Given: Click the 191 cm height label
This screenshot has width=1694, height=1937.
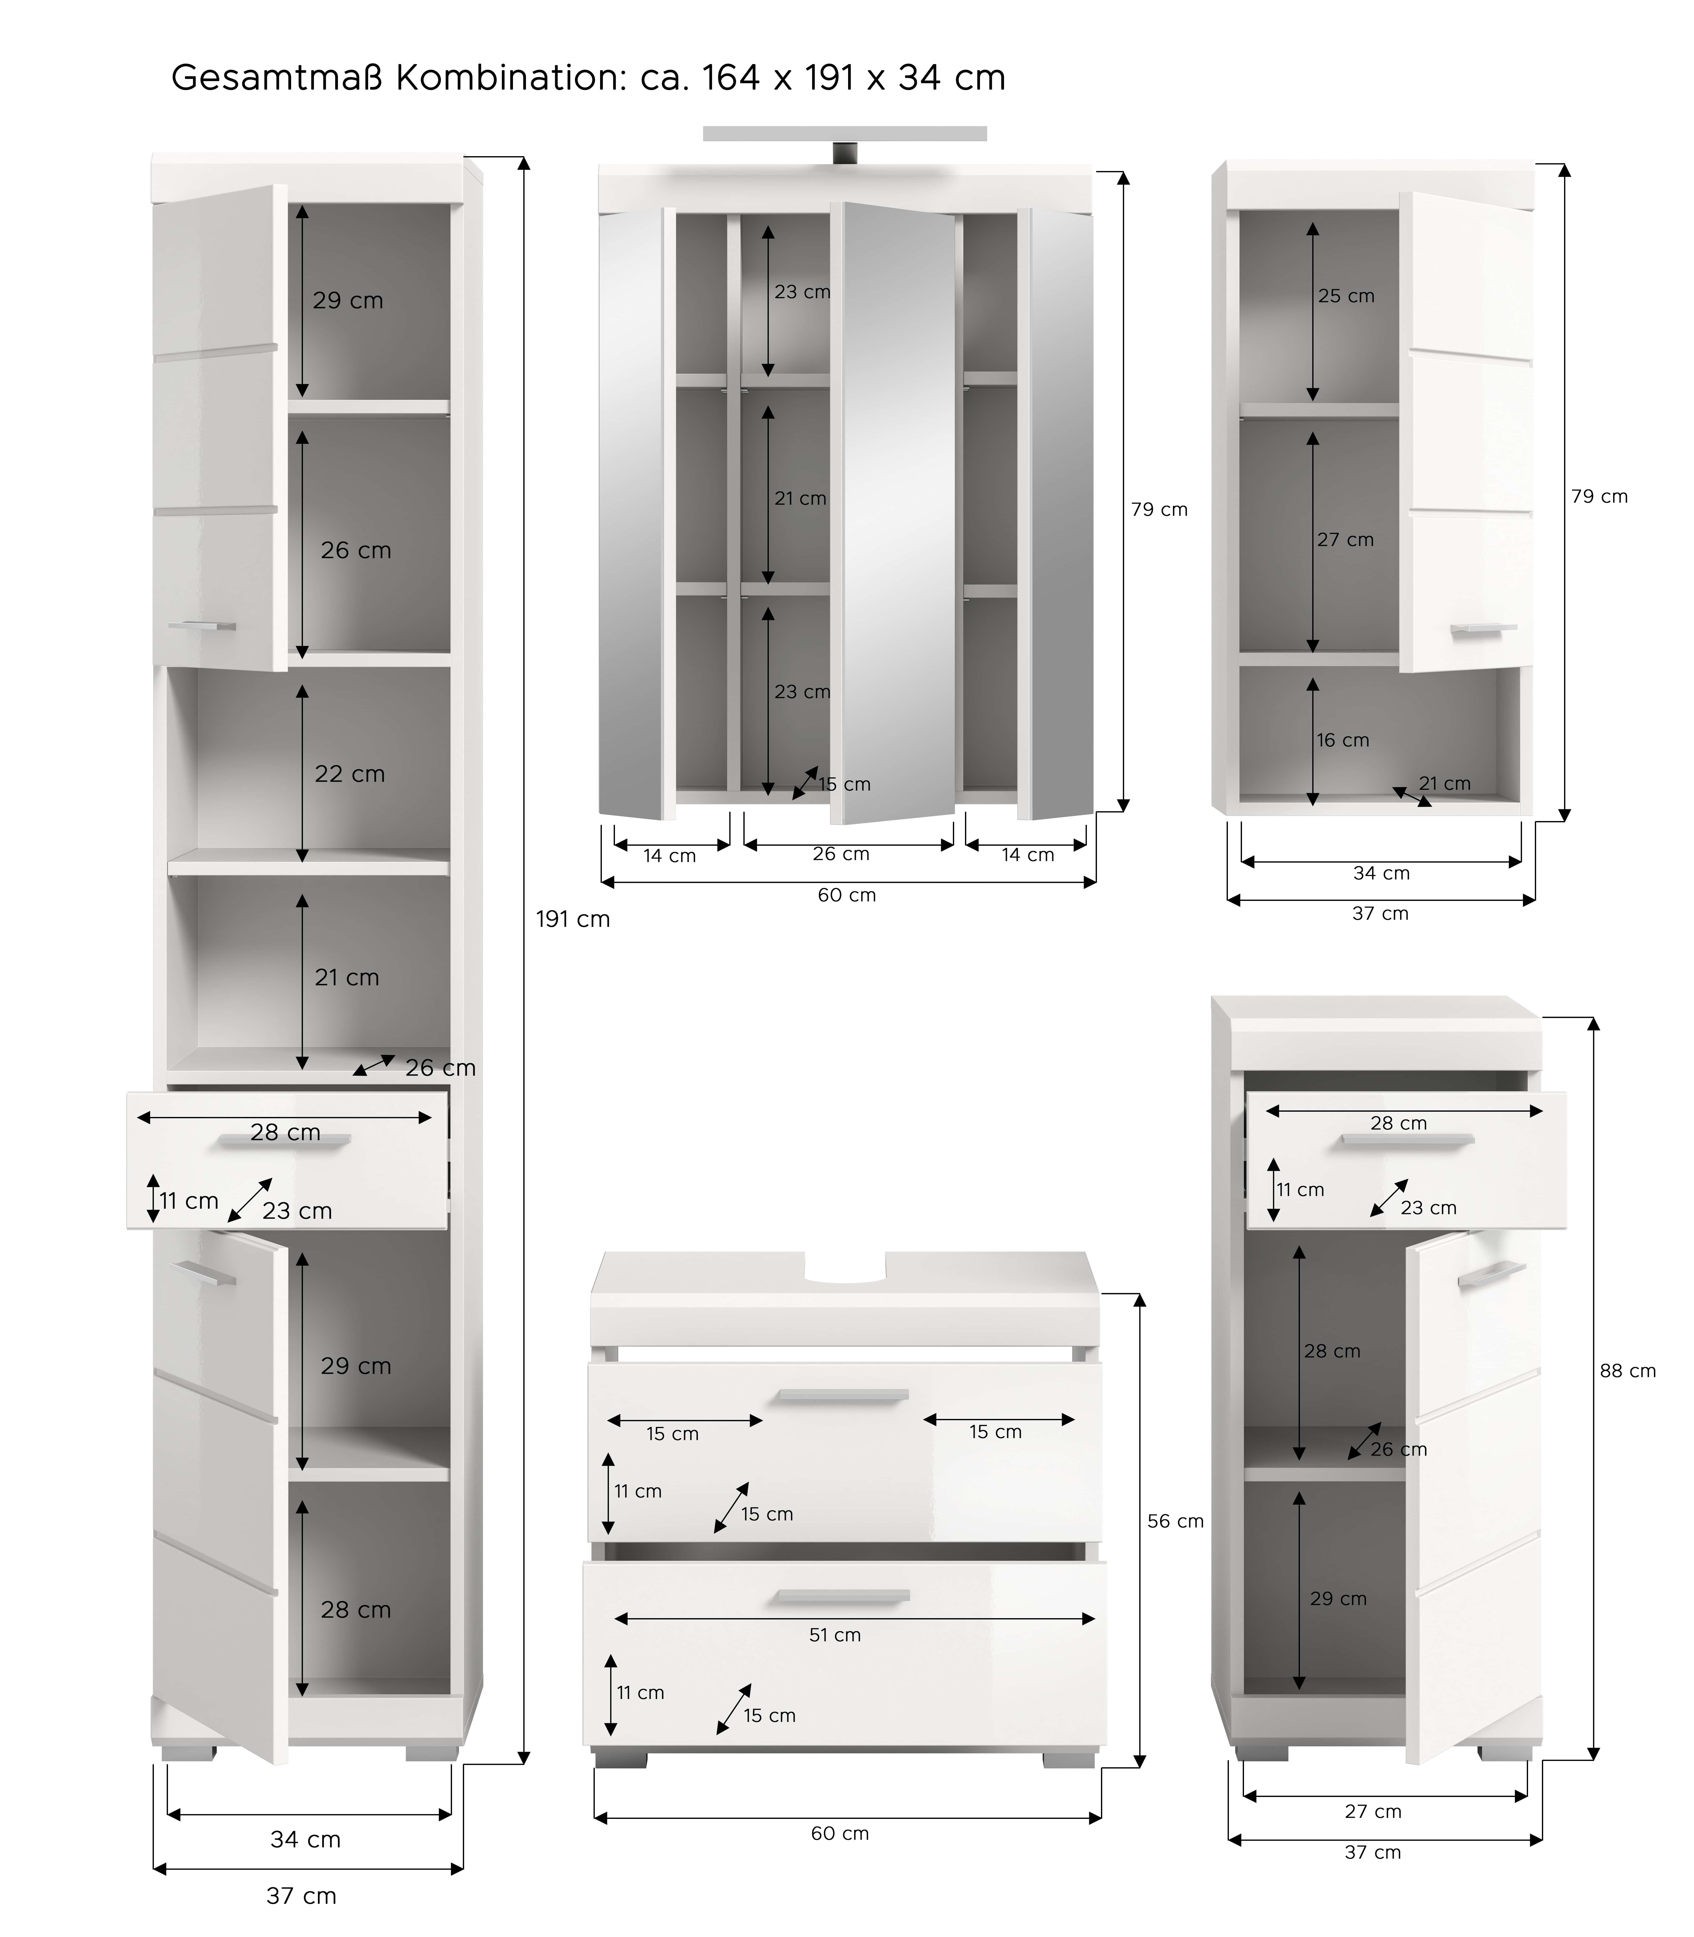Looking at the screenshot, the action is coord(573,919).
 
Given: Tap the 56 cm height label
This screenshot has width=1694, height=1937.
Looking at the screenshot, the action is coord(1175,1521).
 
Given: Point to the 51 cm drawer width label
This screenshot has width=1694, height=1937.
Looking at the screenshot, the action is coord(835,1635).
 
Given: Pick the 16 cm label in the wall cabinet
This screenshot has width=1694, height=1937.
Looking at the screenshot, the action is coord(1342,740).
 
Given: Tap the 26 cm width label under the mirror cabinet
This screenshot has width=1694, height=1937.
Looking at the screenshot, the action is coord(840,854).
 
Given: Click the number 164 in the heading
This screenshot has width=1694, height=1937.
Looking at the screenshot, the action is coord(731,78).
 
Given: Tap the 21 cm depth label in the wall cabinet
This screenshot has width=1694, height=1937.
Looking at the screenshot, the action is coord(1444,783).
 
